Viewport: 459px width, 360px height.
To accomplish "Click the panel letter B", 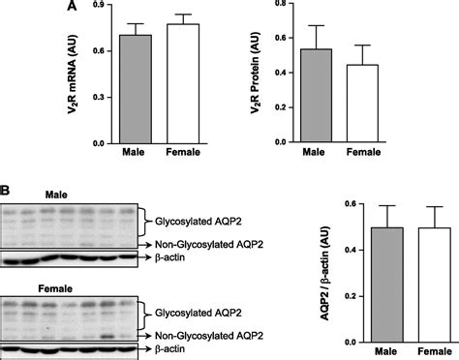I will click(7, 190).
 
